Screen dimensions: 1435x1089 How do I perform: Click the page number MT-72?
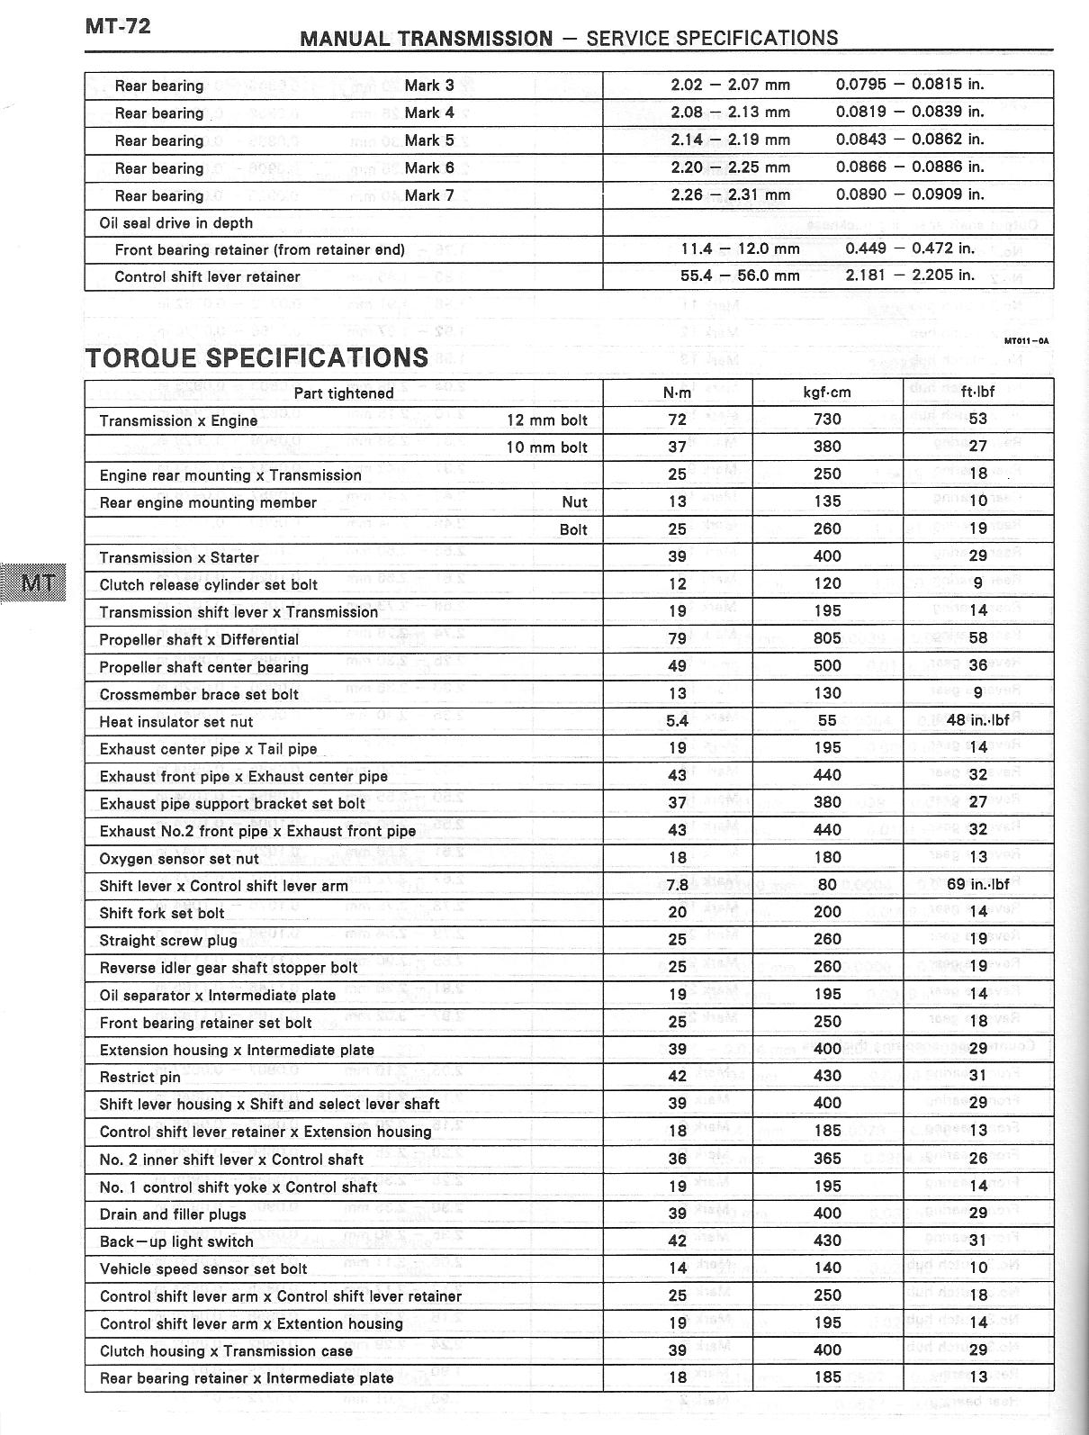[118, 25]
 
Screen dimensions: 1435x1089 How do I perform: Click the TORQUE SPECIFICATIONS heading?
[256, 357]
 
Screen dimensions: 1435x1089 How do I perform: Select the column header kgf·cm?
[827, 393]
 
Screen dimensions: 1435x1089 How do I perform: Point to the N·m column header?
[677, 393]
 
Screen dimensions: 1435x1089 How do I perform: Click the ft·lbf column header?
[977, 393]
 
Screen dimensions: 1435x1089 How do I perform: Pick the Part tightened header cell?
[344, 393]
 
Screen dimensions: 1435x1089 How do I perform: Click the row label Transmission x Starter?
[179, 557]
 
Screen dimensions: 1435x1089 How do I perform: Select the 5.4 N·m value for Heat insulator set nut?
[677, 720]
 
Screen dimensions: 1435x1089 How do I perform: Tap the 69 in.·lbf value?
[977, 885]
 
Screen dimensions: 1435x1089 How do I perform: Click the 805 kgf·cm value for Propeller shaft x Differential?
[827, 638]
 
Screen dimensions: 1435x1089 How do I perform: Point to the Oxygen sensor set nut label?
[179, 859]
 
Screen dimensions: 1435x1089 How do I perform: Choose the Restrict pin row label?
[140, 1077]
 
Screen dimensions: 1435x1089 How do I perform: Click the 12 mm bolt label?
[546, 420]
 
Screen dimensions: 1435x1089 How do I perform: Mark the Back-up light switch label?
[176, 1241]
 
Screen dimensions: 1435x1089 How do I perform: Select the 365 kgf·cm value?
[827, 1159]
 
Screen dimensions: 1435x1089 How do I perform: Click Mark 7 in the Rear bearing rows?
[428, 195]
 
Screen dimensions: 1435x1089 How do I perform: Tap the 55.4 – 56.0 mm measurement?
[740, 275]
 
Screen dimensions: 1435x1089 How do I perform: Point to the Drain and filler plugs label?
[173, 1214]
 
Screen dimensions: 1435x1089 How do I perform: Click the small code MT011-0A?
[1026, 340]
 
